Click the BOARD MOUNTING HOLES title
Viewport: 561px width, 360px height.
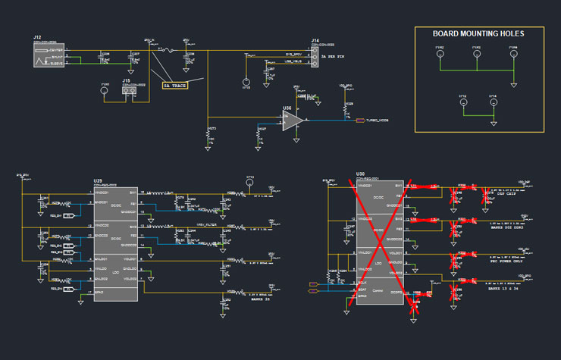pyautogui.click(x=478, y=33)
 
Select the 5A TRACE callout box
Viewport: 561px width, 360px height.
pyautogui.click(x=175, y=86)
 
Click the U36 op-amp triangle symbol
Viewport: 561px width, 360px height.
pyautogui.click(x=293, y=121)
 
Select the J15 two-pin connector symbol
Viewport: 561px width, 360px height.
pyautogui.click(x=130, y=90)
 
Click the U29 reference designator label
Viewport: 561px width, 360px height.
pyautogui.click(x=98, y=180)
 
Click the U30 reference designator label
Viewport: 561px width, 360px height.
pyautogui.click(x=361, y=174)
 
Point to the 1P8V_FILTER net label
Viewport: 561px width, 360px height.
pyautogui.click(x=207, y=226)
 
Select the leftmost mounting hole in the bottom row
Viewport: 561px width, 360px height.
pyautogui.click(x=462, y=104)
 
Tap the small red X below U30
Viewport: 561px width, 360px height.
pyautogui.click(x=414, y=306)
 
